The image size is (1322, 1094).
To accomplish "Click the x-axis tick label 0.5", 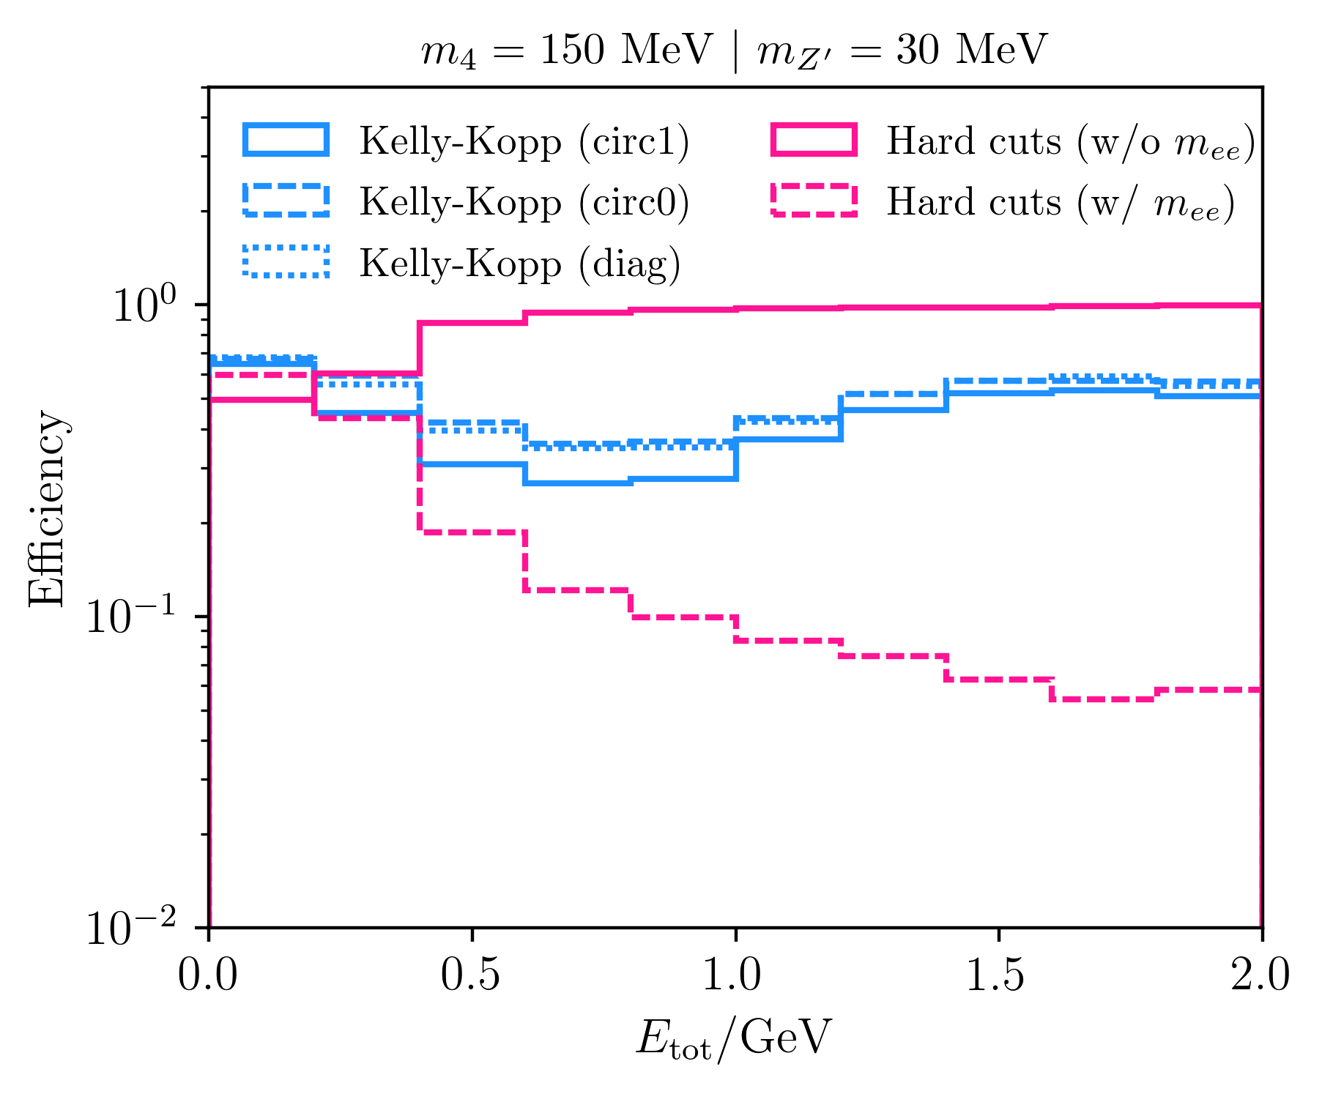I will pos(472,975).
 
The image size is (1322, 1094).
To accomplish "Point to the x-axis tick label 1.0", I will pos(735,975).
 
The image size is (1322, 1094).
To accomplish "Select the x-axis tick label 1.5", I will pos(998,975).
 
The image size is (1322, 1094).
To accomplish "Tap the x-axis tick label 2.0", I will pos(1260,975).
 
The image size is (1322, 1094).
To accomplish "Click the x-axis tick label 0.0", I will pos(209,975).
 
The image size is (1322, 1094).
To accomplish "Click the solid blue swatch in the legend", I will pos(286,140).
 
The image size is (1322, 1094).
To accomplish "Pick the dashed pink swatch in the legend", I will pos(814,201).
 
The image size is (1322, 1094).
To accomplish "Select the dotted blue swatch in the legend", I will pos(286,261).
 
